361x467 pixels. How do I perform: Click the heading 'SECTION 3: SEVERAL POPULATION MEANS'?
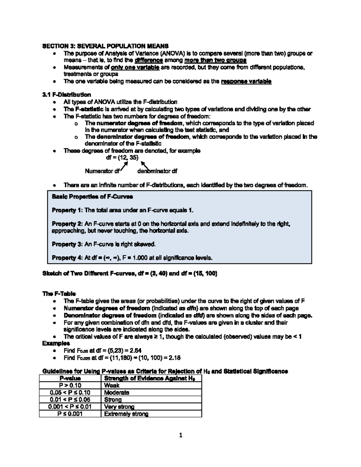click(x=105, y=46)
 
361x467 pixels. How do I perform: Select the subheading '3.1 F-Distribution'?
click(x=66, y=95)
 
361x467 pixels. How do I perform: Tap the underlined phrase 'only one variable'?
click(x=135, y=67)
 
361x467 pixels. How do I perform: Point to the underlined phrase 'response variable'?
click(x=246, y=81)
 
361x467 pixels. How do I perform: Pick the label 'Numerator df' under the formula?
click(x=102, y=171)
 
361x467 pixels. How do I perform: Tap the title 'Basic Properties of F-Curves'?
click(x=92, y=197)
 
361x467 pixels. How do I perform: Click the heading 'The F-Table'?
click(x=59, y=293)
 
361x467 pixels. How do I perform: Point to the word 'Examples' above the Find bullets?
click(x=56, y=343)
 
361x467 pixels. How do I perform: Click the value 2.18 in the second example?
click(x=174, y=358)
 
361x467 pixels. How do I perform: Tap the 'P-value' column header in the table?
click(x=70, y=378)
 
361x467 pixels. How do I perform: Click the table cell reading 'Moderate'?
click(x=116, y=392)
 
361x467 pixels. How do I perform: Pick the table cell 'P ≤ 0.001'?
click(x=70, y=414)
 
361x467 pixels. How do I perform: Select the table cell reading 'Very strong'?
click(x=119, y=407)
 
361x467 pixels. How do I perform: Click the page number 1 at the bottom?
click(x=180, y=435)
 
